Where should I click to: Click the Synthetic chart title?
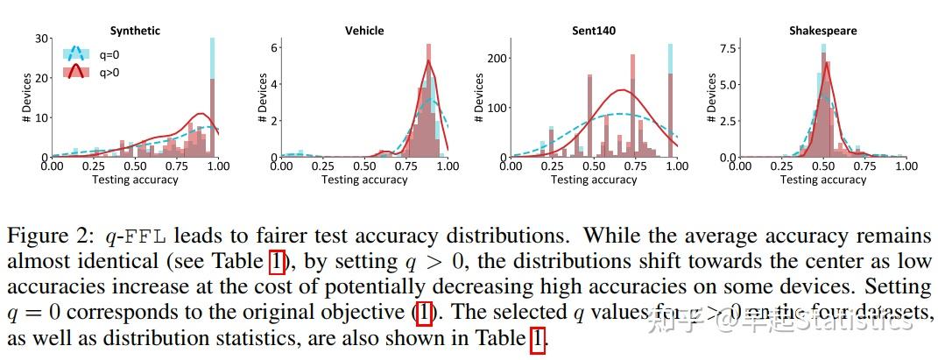coord(136,31)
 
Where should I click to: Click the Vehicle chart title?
coord(364,31)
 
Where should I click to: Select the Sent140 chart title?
coord(593,31)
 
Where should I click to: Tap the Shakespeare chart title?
coord(822,31)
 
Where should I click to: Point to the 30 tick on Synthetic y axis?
coord(41,39)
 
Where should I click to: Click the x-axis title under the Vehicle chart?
coord(364,180)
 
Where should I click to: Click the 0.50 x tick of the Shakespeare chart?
coord(823,166)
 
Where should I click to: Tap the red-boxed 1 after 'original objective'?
coord(423,312)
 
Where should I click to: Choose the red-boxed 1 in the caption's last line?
coord(537,338)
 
